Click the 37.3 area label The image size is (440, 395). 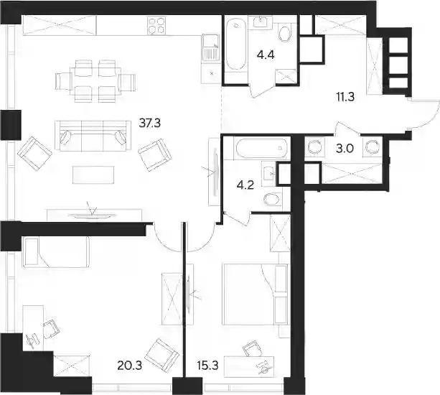pos(150,123)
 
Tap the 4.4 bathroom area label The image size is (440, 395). pos(266,55)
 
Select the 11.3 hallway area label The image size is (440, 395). pos(345,97)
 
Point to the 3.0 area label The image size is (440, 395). pos(345,149)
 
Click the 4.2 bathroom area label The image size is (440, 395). pos(245,185)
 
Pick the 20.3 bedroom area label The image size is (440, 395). pos(130,366)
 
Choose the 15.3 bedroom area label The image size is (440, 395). pos(208,366)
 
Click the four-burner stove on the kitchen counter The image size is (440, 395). pos(156,26)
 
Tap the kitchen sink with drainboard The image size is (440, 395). pos(210,47)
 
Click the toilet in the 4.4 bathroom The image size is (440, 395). pos(285,34)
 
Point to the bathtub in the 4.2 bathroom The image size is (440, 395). pos(261,148)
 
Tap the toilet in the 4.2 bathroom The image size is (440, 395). pos(271,200)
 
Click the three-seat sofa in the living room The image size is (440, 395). pos(93,136)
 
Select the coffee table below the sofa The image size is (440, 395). pos(93,175)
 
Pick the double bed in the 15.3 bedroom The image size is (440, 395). pos(255,294)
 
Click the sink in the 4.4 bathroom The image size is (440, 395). pos(263,22)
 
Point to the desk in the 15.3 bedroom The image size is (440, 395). pos(249,366)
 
